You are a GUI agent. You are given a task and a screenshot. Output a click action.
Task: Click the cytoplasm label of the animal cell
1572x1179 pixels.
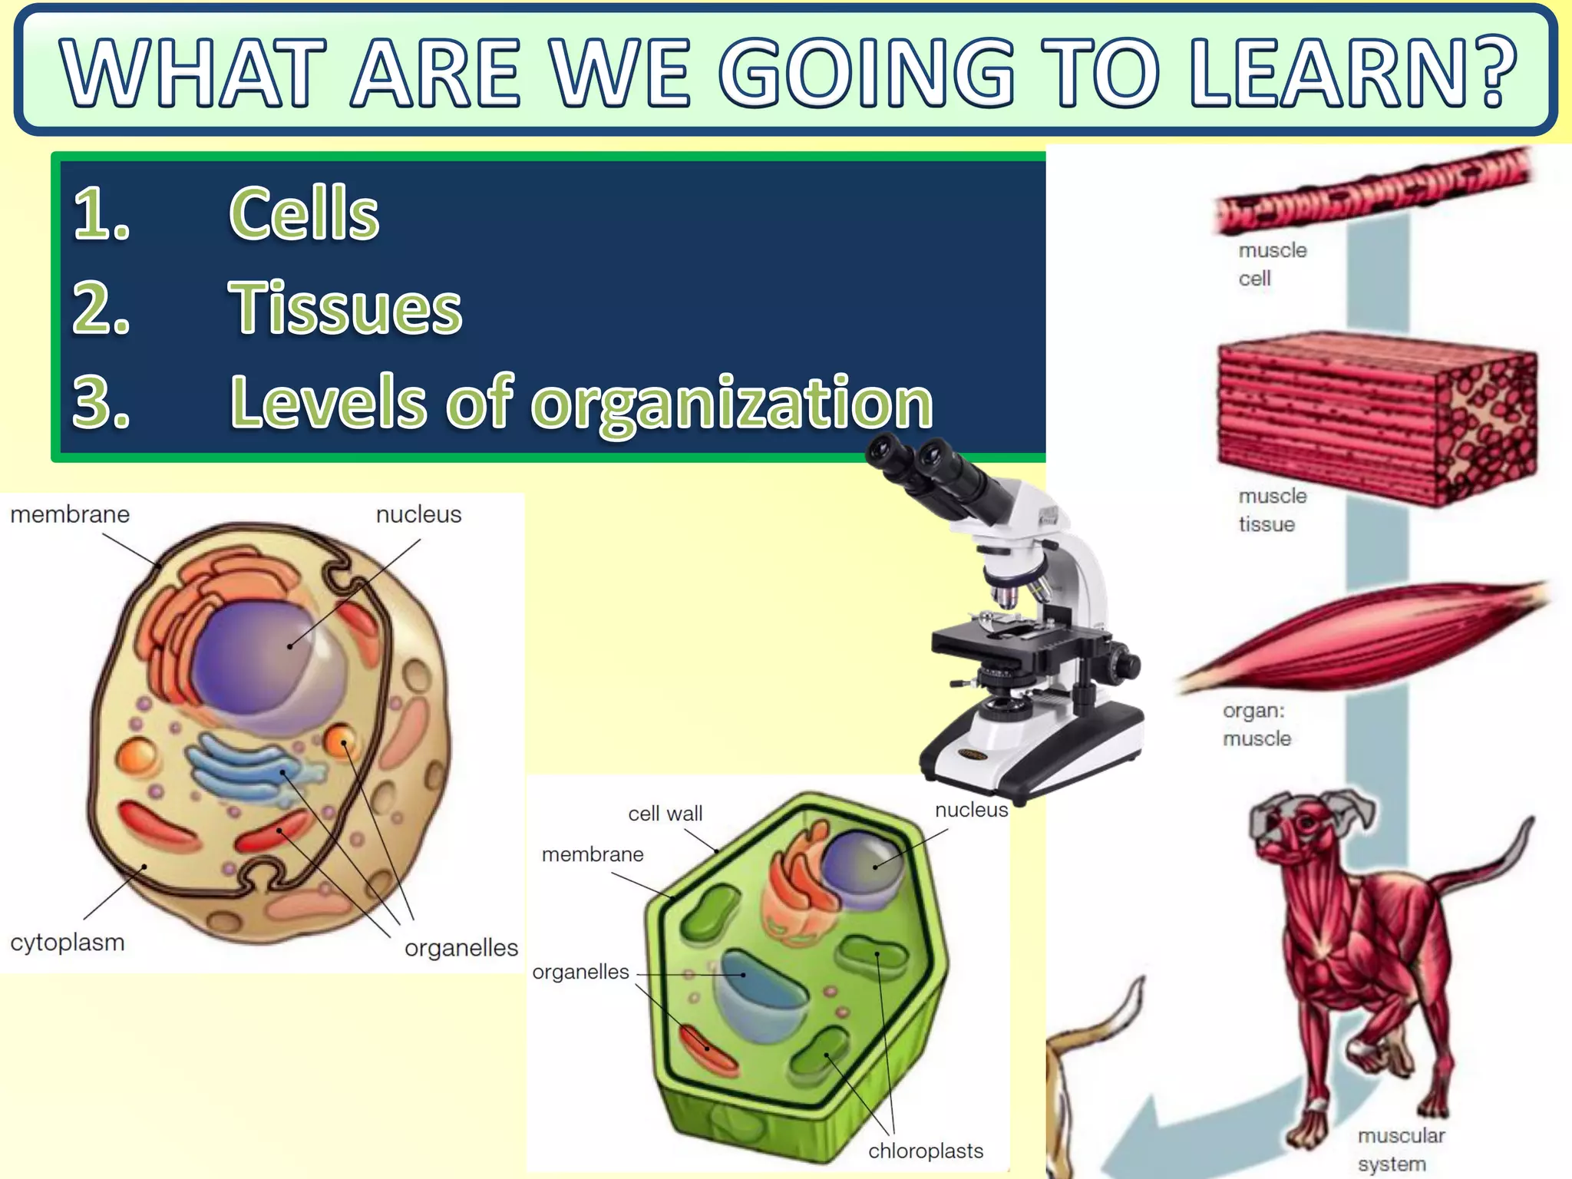(x=68, y=942)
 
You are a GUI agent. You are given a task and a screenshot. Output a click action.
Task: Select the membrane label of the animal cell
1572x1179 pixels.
(x=70, y=514)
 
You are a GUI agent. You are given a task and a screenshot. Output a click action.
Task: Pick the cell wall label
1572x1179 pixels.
(x=665, y=814)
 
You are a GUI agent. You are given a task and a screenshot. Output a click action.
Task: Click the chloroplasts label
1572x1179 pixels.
(x=926, y=1151)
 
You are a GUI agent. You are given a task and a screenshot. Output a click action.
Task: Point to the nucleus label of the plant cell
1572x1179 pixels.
(x=971, y=810)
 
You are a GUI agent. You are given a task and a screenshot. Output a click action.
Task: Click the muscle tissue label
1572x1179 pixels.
(x=1271, y=510)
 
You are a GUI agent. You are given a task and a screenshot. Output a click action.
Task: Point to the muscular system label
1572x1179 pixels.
(x=1400, y=1149)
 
